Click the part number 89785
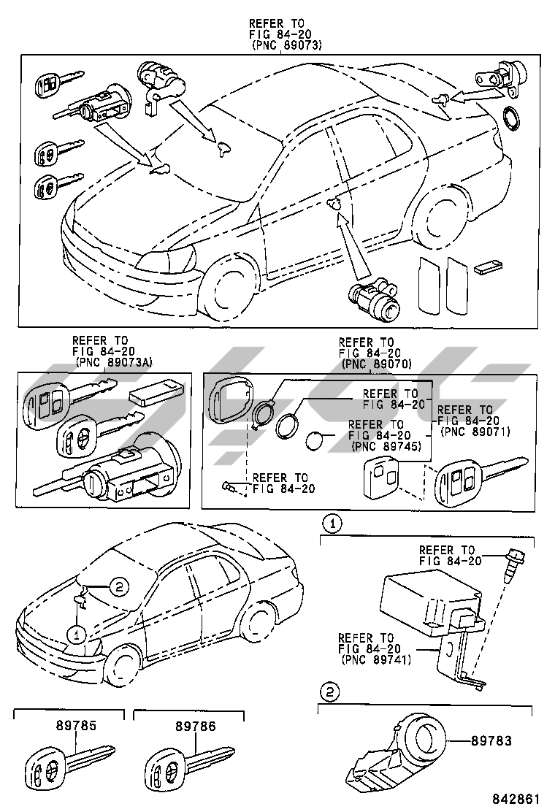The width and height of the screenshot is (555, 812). click(x=77, y=725)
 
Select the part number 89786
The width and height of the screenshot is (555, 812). click(x=196, y=726)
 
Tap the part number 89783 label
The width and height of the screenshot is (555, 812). click(x=491, y=741)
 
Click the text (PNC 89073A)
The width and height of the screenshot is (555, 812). click(x=115, y=362)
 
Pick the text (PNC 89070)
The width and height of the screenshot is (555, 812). click(x=377, y=364)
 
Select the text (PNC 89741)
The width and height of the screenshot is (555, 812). click(x=376, y=659)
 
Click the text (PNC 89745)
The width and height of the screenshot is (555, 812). click(x=386, y=446)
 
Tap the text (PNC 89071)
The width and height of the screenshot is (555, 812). click(x=475, y=432)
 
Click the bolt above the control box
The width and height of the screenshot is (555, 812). click(x=511, y=565)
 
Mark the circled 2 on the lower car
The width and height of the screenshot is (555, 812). click(x=118, y=586)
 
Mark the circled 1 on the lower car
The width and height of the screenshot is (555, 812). click(x=77, y=635)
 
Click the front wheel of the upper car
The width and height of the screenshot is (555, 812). click(x=229, y=288)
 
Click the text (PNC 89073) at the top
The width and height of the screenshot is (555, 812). click(x=287, y=45)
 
